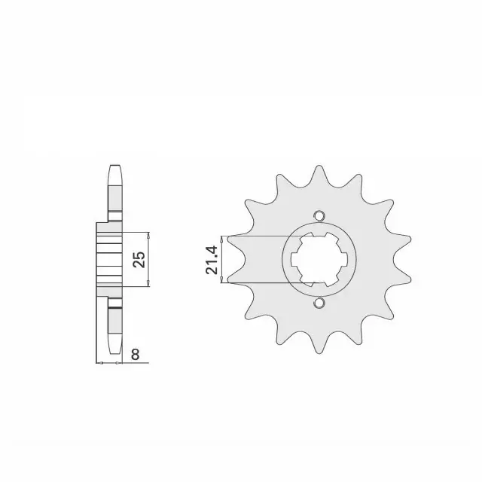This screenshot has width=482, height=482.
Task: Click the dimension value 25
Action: coord(139,259)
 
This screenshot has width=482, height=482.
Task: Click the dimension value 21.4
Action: coord(212,260)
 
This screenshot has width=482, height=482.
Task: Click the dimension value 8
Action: coord(136,355)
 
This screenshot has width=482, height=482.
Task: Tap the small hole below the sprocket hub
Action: coord(319,303)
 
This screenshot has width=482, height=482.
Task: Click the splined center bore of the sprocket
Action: coord(319,259)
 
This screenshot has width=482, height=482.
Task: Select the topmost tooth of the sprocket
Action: coord(319,175)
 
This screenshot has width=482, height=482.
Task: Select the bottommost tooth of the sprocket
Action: coord(319,343)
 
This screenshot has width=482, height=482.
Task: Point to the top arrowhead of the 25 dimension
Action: coord(148,236)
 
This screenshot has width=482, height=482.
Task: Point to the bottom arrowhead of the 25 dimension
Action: coord(148,283)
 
